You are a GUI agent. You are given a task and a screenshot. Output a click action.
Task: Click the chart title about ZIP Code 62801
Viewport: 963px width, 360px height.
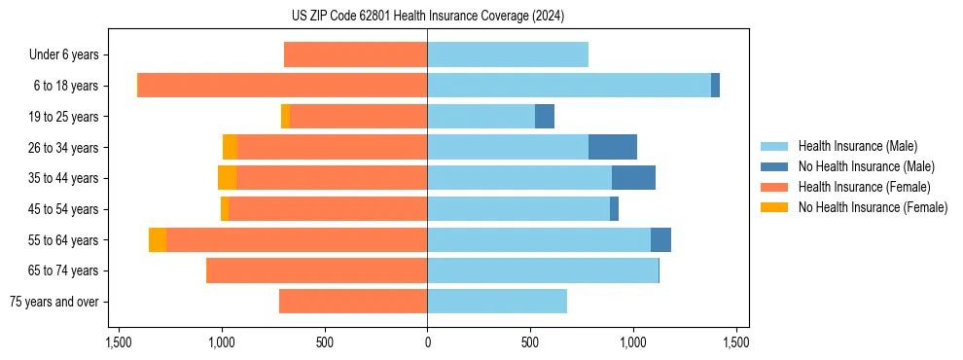pyautogui.click(x=427, y=16)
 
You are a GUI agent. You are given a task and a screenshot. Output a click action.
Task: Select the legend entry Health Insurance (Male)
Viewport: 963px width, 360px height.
pyautogui.click(x=857, y=146)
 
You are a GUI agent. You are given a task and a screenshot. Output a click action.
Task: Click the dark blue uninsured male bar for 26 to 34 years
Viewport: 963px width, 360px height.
pyautogui.click(x=613, y=147)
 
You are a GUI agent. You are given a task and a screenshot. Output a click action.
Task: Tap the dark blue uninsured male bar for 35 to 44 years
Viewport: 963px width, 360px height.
pyautogui.click(x=633, y=178)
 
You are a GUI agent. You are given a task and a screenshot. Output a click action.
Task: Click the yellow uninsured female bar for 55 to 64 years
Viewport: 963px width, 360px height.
pyautogui.click(x=158, y=239)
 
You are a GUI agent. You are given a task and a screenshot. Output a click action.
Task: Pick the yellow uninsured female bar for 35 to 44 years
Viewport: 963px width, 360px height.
pyautogui.click(x=227, y=178)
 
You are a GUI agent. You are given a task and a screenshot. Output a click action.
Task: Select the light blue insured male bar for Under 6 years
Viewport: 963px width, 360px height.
pyautogui.click(x=508, y=54)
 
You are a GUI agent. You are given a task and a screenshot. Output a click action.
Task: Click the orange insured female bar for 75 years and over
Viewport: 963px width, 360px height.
pyautogui.click(x=353, y=302)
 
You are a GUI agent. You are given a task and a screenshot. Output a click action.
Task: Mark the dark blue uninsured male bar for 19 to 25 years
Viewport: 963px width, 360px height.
pyautogui.click(x=545, y=117)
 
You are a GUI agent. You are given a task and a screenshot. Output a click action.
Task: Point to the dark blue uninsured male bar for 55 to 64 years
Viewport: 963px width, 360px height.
pyautogui.click(x=660, y=239)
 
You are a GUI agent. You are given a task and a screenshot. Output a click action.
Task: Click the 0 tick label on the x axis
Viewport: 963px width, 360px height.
pyautogui.click(x=427, y=342)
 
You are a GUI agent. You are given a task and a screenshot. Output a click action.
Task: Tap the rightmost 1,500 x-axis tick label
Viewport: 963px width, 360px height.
pyautogui.click(x=735, y=342)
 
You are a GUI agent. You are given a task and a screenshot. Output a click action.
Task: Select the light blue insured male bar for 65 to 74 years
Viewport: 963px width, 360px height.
pyautogui.click(x=543, y=270)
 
